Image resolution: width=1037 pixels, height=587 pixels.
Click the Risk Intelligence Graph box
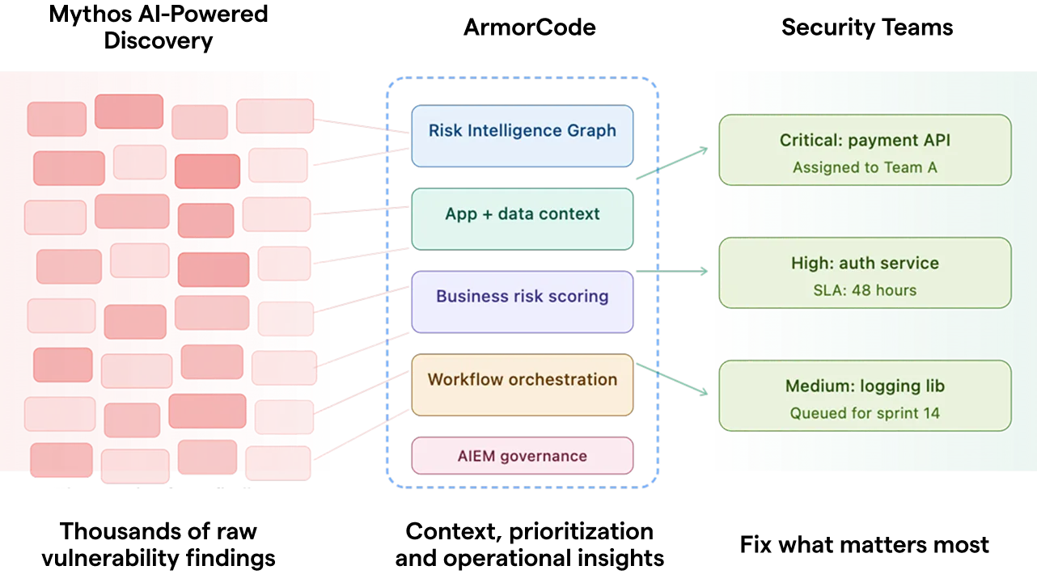point(522,135)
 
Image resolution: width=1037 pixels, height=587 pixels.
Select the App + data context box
point(522,218)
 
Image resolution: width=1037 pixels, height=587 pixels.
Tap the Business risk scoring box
point(522,301)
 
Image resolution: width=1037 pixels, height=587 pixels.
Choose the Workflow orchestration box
point(522,384)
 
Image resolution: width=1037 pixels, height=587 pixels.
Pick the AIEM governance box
point(522,455)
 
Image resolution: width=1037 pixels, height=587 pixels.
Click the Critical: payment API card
point(864,150)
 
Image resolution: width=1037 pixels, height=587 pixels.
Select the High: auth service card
point(864,272)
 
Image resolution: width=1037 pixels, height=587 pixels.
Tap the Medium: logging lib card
point(864,395)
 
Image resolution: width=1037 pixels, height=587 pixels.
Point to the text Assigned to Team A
point(864,167)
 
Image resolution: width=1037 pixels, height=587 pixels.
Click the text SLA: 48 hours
point(864,290)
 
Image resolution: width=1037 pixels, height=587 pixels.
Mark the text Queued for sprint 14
point(864,413)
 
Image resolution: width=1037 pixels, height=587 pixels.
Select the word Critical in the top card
point(810,140)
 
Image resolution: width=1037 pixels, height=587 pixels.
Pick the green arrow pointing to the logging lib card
point(673,380)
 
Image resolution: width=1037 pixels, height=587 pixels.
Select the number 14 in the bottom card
point(931,413)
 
